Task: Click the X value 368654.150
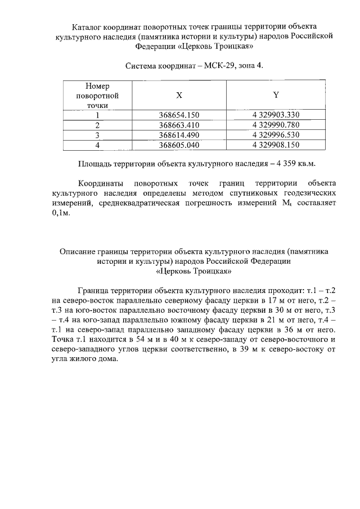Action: pos(179,115)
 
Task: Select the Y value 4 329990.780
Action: pos(276,125)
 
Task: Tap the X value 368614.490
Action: pos(179,135)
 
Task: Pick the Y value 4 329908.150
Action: pos(276,145)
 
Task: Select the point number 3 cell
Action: pos(97,135)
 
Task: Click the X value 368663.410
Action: pos(179,125)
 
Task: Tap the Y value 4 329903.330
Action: pos(276,115)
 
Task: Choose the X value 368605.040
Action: pos(179,145)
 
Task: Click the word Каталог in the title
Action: pos(89,27)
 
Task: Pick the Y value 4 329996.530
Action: pos(276,135)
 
